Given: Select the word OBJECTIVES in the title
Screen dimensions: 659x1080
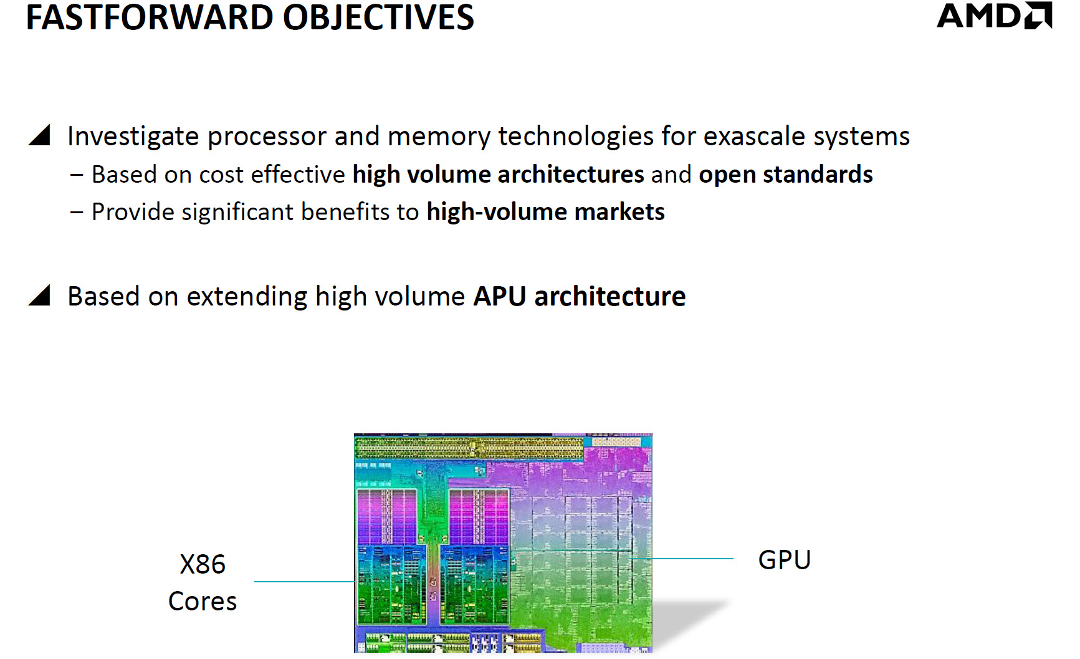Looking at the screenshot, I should point(378,17).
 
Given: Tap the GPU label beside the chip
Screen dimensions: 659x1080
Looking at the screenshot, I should point(784,559).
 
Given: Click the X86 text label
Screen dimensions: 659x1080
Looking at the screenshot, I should point(203,564).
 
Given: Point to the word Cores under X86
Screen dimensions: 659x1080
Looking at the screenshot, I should point(203,601).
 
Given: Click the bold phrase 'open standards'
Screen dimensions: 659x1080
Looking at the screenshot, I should point(785,175).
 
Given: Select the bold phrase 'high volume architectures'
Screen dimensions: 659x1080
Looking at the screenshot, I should point(498,175).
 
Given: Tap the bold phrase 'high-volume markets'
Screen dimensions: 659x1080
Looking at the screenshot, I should point(545,212).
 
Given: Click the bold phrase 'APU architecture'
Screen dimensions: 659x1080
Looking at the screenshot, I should point(579,296).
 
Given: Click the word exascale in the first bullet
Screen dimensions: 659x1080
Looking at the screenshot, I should point(755,136).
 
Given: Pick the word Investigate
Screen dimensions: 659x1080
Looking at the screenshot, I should point(133,137).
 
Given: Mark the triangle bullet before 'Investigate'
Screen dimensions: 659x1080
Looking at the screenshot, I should point(40,135).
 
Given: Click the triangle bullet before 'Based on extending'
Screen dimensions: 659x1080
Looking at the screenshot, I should point(40,295).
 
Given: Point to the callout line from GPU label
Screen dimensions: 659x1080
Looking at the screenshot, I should point(686,559).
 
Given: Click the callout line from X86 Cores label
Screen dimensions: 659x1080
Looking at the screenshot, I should point(304,582).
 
